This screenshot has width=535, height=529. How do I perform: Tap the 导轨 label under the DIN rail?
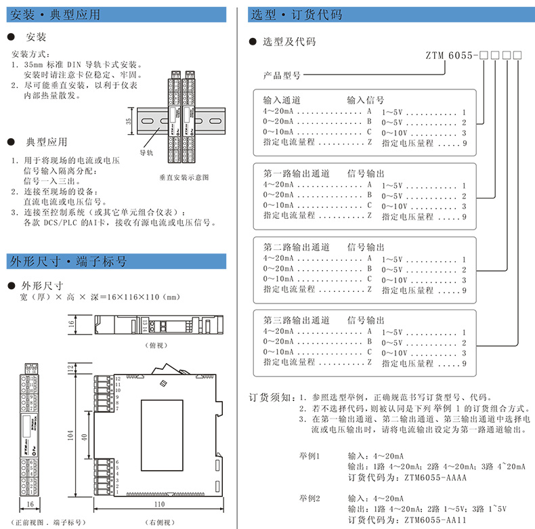point(147,154)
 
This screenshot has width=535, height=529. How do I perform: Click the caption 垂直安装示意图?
point(184,177)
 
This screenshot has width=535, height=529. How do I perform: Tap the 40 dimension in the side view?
point(85,438)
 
